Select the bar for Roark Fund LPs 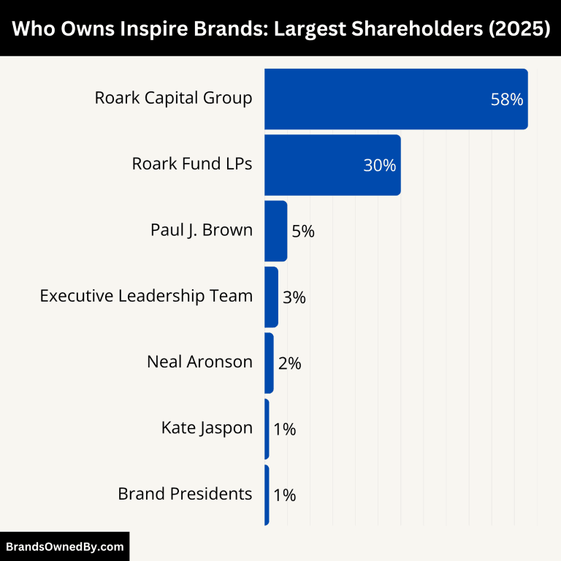332,165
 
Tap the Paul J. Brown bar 275,231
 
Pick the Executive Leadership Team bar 271,297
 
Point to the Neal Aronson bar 269,363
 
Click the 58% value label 506,100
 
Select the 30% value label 379,166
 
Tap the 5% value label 302,232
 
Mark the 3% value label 294,297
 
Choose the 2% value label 289,363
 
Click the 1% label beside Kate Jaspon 284,430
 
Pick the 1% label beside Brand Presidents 284,495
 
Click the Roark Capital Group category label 173,98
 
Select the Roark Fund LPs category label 191,164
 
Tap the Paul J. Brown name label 201,230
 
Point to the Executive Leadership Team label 146,296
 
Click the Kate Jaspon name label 207,428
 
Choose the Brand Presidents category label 185,494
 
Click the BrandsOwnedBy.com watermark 65,546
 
